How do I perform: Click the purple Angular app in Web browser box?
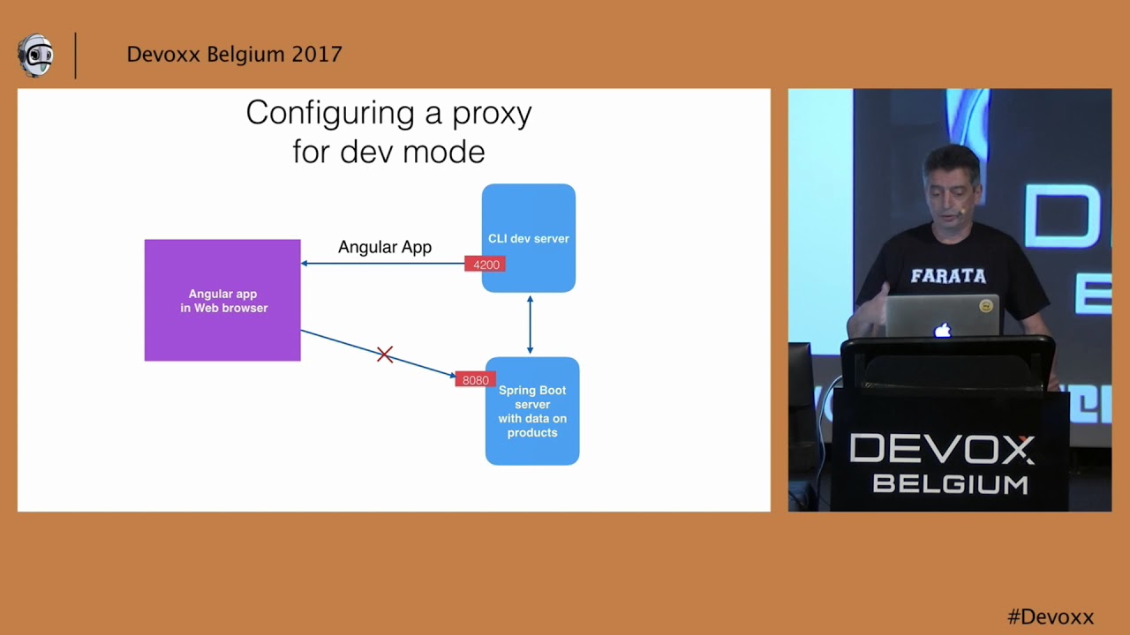222,300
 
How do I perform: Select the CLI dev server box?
529,238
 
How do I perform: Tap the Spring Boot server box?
532,411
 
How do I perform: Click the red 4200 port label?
486,265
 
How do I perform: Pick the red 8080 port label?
475,380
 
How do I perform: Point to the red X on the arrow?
385,355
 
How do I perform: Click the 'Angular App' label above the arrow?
385,247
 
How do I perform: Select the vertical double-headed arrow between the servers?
530,325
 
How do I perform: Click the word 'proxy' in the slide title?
491,114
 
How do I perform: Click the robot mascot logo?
35,56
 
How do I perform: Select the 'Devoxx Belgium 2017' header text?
234,55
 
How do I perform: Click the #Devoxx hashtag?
1051,616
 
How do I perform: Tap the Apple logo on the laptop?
943,331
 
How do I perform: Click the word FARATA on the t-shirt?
948,276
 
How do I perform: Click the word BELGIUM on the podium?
950,484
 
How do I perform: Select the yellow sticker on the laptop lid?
986,306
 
